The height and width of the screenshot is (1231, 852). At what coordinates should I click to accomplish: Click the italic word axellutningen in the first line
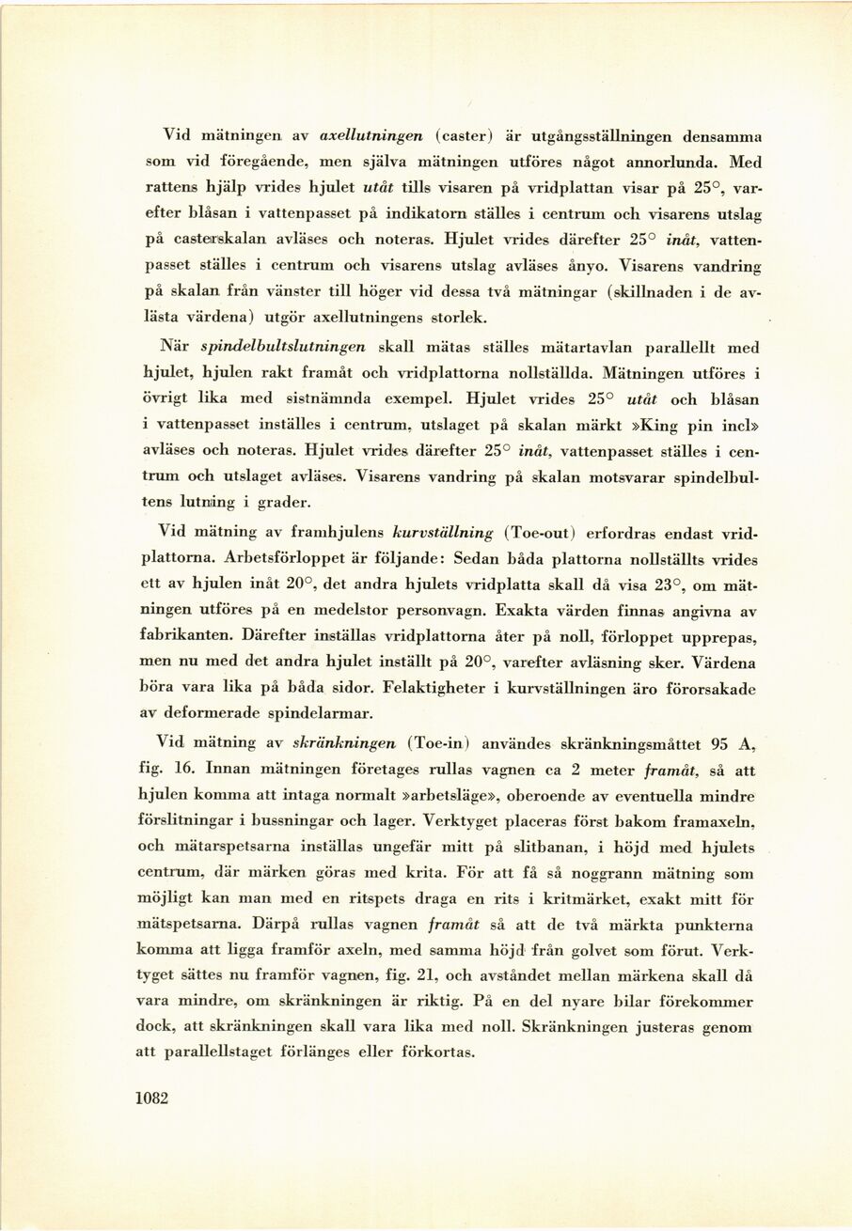pyautogui.click(x=371, y=135)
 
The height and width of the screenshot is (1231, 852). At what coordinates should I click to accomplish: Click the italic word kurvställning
pyautogui.click(x=443, y=533)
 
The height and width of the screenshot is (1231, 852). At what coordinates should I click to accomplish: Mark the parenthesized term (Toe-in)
pyautogui.click(x=440, y=743)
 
